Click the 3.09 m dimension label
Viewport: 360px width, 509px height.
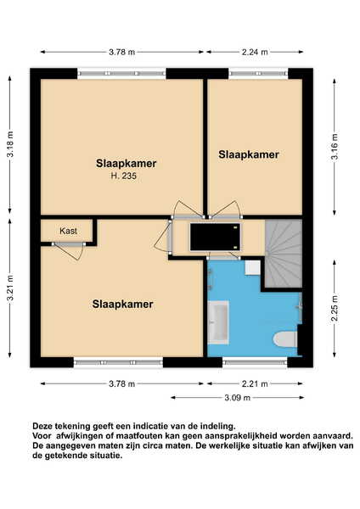tap(238, 398)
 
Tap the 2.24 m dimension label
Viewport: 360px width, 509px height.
tap(255, 52)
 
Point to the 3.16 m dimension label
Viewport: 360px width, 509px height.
tap(335, 147)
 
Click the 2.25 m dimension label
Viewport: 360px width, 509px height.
tap(335, 308)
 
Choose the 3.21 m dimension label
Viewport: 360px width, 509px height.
tap(10, 288)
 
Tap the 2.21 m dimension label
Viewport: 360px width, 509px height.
tap(255, 384)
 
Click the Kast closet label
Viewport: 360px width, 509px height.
tap(68, 231)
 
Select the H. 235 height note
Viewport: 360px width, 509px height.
tap(123, 176)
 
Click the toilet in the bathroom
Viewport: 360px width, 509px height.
tap(285, 340)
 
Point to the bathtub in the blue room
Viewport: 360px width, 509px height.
tap(218, 322)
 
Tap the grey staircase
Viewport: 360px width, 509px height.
tap(284, 254)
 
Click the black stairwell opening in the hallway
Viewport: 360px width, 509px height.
tap(215, 237)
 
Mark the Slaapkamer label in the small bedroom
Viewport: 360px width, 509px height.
tap(249, 154)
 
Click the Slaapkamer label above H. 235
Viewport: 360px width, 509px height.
tap(126, 163)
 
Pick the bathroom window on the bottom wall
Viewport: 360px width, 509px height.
tap(255, 362)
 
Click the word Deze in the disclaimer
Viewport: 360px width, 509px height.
tap(42, 426)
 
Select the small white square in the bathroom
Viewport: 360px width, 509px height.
tap(253, 268)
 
